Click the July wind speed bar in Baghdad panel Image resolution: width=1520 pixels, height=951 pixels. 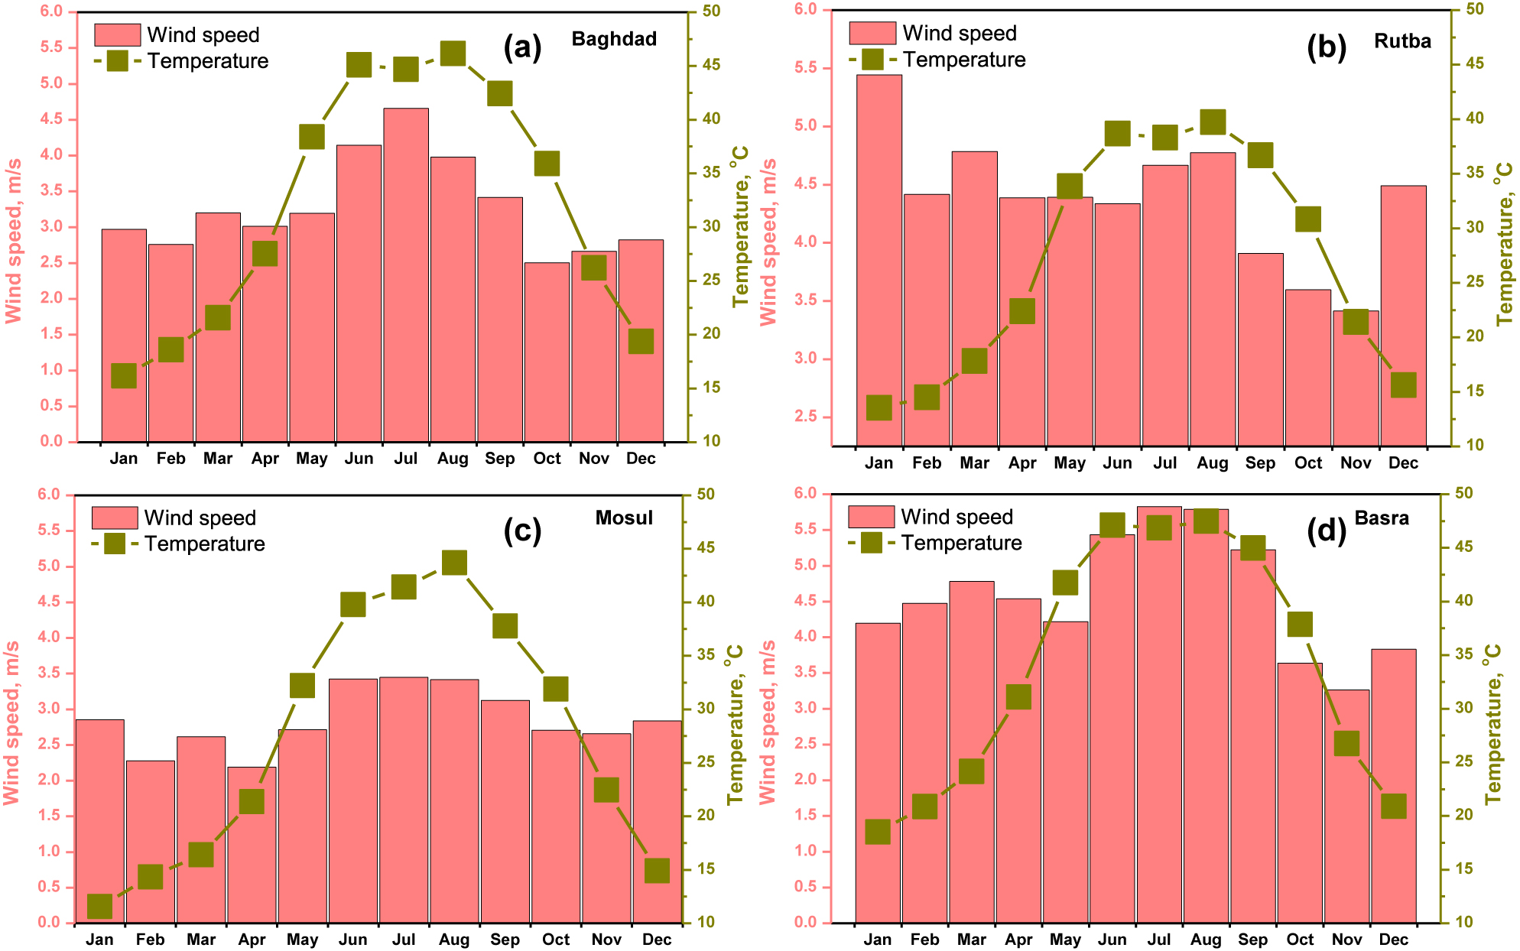coord(406,275)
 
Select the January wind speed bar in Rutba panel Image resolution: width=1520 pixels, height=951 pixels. coord(879,260)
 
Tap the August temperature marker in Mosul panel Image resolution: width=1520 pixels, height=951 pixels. coord(454,563)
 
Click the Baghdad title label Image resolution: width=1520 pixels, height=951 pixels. coord(614,39)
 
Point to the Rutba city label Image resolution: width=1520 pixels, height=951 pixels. coord(1402,41)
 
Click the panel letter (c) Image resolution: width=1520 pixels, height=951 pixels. coord(522,530)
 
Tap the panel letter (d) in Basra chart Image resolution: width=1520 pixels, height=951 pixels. coord(1326,530)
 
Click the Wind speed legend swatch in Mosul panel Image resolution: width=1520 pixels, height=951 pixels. coord(115,518)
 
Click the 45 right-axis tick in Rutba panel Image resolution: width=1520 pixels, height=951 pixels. coord(1475,63)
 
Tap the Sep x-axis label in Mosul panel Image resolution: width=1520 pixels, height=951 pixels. coord(505,940)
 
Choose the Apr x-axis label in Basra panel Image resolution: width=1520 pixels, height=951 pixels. coord(1018,940)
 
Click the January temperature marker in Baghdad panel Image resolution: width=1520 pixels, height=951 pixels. coord(124,376)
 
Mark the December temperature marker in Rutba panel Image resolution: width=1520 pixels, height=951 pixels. coord(1403,385)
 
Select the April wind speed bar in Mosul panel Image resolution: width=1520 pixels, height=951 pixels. coord(252,845)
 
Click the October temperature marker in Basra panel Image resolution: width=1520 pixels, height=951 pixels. coord(1300,625)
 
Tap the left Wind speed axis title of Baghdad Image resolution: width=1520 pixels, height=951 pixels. coord(14,241)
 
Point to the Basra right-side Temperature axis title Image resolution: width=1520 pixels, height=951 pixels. coord(1493,723)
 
